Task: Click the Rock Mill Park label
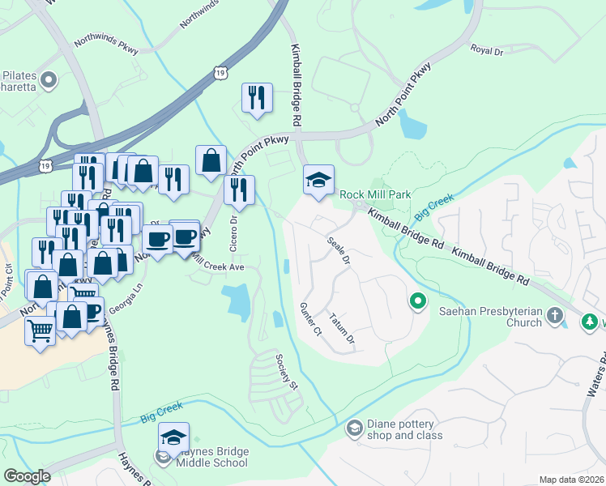(375, 194)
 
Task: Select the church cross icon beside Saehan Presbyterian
(555, 314)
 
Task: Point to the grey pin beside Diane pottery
(354, 427)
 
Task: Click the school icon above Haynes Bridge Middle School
(173, 438)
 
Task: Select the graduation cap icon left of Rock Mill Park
(319, 180)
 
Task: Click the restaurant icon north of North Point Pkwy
(257, 98)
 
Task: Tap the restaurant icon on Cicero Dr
(239, 190)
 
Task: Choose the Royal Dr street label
(487, 50)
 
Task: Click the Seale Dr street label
(339, 251)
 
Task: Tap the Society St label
(287, 371)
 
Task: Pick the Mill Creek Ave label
(217, 266)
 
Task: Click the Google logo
(28, 475)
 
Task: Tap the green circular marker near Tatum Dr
(418, 302)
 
